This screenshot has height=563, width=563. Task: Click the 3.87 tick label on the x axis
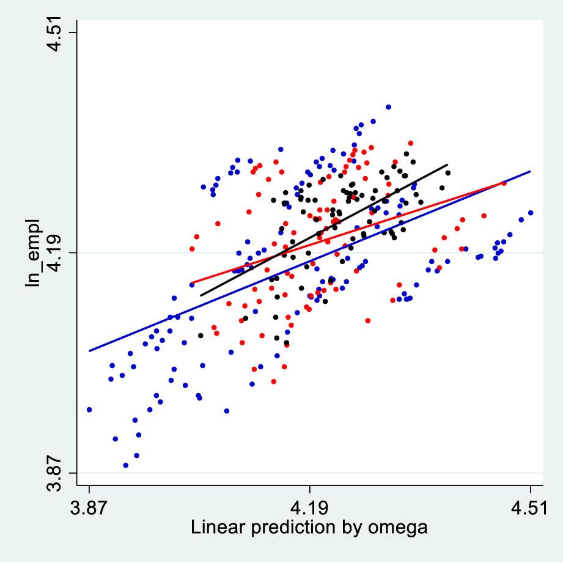click(89, 509)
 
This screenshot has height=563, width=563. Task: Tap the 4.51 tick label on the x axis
click(529, 509)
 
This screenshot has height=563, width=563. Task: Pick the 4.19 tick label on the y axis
click(56, 252)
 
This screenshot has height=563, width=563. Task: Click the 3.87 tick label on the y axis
click(56, 473)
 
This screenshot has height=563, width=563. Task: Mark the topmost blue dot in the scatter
click(388, 107)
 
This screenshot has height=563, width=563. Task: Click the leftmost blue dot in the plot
click(89, 410)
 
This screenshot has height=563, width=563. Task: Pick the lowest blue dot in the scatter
click(126, 465)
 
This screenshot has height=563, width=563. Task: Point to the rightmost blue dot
click(531, 213)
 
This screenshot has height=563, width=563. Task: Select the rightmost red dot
click(504, 183)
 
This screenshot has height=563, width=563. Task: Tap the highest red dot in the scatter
click(411, 143)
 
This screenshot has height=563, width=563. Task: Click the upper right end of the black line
click(447, 165)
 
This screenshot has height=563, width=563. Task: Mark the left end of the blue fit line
click(89, 351)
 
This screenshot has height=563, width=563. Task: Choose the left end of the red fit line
click(191, 283)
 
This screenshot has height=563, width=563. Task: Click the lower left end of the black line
click(201, 296)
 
